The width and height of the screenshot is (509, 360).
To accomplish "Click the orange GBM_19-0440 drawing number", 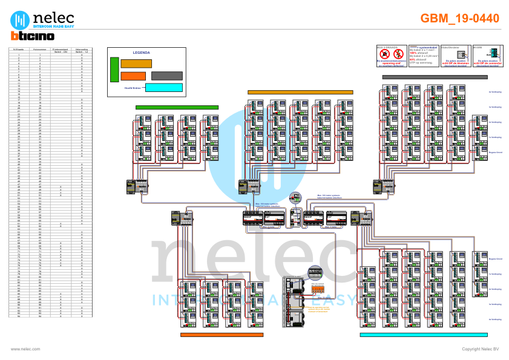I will [459, 19].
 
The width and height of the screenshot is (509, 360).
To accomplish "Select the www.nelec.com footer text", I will [25, 349].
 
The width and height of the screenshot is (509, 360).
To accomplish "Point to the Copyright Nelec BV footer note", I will [480, 349].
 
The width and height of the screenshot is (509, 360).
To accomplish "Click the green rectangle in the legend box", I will [114, 69].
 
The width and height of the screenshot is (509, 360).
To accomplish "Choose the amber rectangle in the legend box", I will [136, 64].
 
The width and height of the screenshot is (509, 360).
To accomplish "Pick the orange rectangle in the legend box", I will [133, 76].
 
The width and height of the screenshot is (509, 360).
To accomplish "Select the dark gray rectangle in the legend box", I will [166, 76].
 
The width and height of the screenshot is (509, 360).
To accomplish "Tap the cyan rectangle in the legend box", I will [164, 88].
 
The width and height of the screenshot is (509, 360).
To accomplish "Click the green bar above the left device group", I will [177, 108].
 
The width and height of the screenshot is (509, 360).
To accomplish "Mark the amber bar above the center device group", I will [300, 93].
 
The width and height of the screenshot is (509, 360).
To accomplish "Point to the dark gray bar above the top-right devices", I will [435, 77].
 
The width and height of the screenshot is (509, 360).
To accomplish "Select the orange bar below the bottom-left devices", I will [222, 334].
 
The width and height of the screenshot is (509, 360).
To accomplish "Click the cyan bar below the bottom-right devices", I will [415, 334].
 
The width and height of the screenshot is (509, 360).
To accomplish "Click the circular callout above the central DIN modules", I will [295, 197].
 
